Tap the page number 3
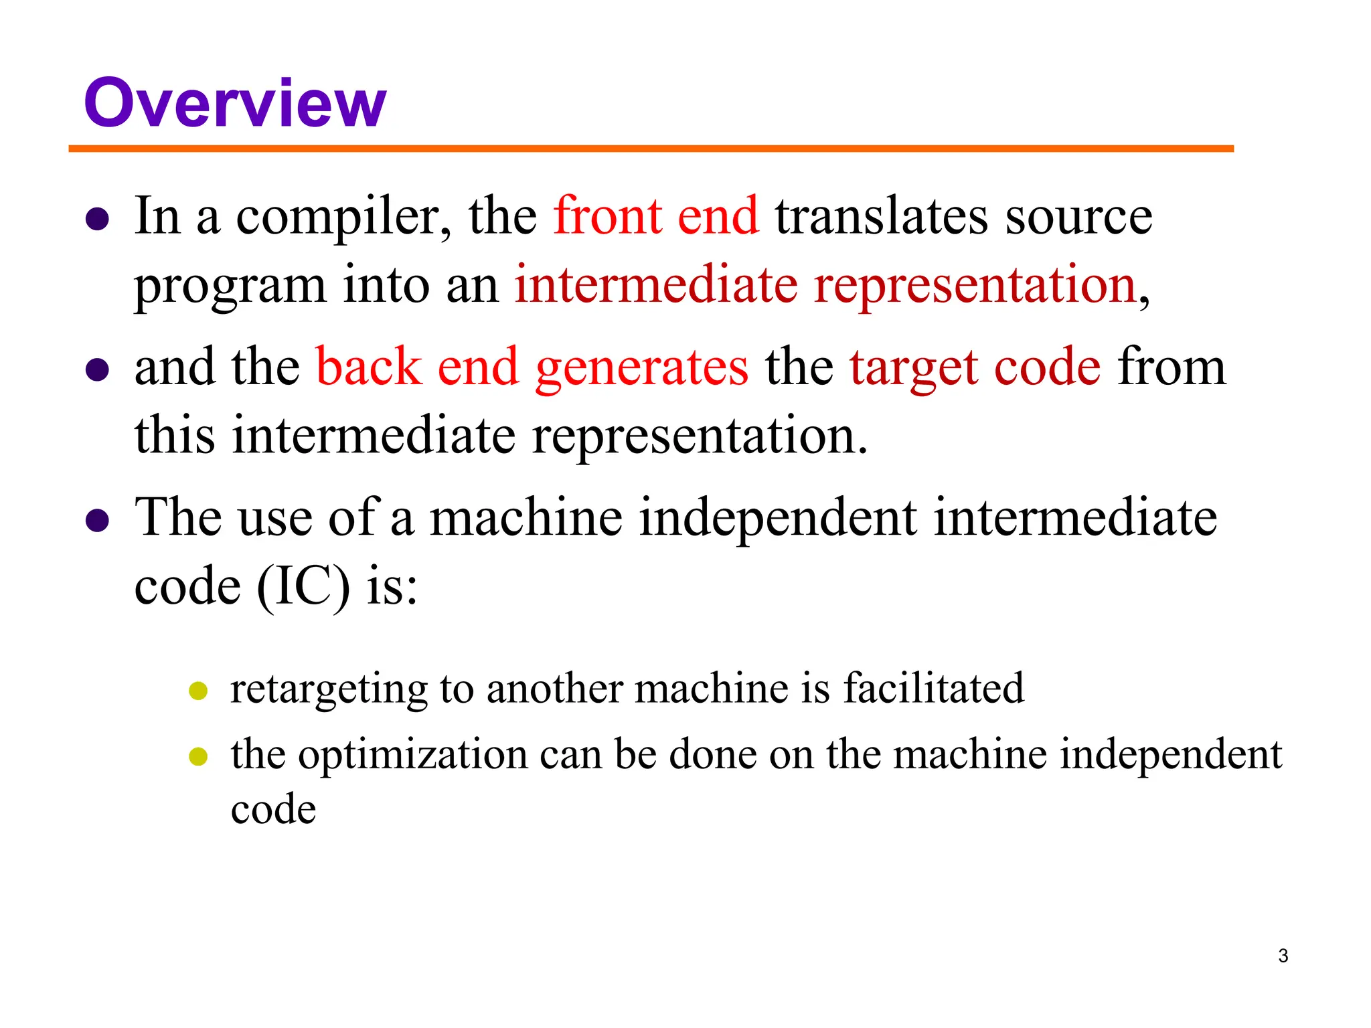click(1283, 956)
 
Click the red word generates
click(642, 369)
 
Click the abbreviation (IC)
click(303, 587)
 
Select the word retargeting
click(329, 690)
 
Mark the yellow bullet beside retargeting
click(198, 691)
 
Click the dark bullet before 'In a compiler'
click(98, 220)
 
